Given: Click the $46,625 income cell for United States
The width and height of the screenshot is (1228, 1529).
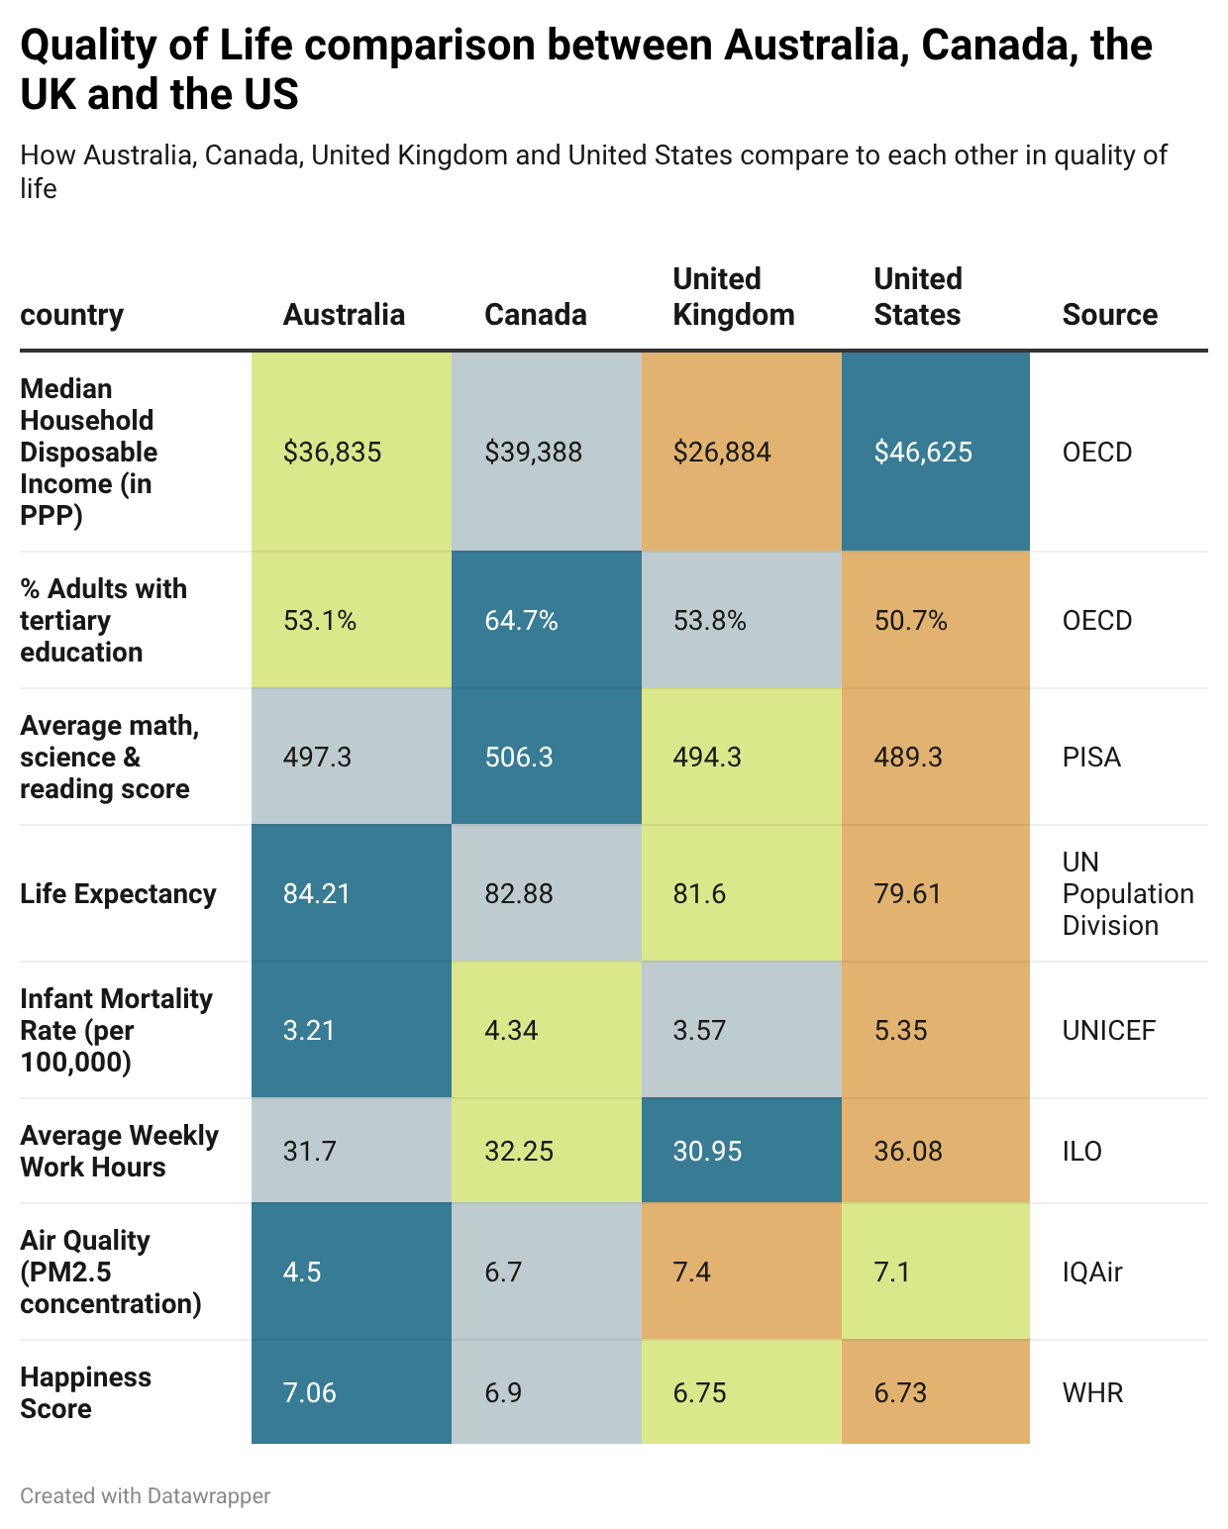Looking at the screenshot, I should click(x=923, y=453).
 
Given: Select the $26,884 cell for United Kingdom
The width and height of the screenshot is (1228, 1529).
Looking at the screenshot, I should click(x=722, y=453).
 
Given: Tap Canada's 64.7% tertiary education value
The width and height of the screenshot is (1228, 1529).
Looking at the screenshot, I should click(x=521, y=621).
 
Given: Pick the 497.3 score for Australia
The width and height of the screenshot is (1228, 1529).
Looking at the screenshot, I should click(x=317, y=758).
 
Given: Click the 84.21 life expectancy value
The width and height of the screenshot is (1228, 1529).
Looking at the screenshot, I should click(x=317, y=894).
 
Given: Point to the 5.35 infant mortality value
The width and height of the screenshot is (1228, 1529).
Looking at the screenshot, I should click(x=900, y=1031).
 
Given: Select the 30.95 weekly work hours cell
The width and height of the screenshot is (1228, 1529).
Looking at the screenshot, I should click(x=707, y=1152).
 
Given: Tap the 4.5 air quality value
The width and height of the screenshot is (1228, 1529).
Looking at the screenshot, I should click(x=302, y=1273).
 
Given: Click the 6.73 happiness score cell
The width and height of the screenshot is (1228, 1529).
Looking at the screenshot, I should click(x=900, y=1393).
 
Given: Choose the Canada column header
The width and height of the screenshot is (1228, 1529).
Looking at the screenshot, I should click(x=535, y=315).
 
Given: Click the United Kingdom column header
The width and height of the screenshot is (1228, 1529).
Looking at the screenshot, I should click(x=733, y=297).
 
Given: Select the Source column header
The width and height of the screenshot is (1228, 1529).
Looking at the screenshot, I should click(x=1109, y=315).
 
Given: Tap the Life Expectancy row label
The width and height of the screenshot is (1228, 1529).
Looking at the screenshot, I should click(x=118, y=894).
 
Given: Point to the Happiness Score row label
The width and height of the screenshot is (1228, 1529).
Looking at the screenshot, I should click(x=85, y=1393).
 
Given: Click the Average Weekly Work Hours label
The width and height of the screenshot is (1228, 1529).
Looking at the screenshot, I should click(x=119, y=1152).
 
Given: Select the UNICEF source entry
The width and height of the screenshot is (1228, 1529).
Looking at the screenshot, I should click(x=1108, y=1031).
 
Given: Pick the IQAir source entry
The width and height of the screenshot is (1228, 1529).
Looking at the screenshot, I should click(x=1092, y=1273).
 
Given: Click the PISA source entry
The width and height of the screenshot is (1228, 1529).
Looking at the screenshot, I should click(x=1091, y=758).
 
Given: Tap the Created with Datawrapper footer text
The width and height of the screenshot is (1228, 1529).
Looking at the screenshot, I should click(x=145, y=1495).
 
